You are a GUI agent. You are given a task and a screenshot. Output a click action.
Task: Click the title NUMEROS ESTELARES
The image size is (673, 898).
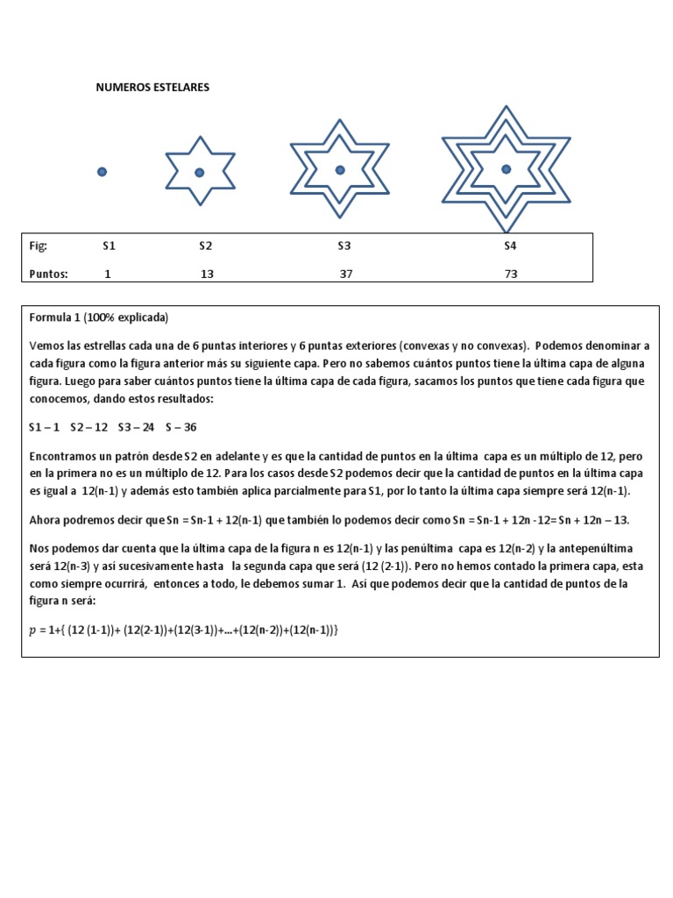tap(152, 88)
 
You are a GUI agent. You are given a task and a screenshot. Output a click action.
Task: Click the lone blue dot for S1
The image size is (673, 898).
tap(102, 172)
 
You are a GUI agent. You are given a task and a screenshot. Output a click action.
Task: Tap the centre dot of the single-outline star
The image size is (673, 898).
tap(200, 173)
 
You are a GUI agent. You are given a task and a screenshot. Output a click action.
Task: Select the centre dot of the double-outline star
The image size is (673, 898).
tap(340, 170)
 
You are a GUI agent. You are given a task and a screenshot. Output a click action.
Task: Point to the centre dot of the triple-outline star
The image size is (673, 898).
tap(506, 168)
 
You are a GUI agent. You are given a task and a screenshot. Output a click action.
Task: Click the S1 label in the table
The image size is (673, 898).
tap(109, 246)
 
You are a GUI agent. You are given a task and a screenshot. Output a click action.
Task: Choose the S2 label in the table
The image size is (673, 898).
tap(206, 246)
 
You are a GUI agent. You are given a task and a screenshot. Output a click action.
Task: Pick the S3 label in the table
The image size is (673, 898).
tap(344, 246)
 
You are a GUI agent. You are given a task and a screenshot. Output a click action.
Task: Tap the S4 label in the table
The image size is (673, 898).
tap(510, 246)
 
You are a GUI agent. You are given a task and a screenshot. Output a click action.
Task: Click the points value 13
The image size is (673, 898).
tap(207, 274)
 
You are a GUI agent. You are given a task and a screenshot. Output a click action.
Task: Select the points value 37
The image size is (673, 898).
tap(345, 274)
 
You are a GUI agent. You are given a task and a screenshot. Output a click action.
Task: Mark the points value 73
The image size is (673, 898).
tap(511, 274)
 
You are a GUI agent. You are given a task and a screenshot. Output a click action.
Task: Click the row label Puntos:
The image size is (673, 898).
tap(49, 274)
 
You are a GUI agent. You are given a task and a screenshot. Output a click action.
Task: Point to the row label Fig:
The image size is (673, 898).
tap(39, 246)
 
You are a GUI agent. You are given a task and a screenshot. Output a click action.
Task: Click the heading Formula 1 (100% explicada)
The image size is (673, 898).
tap(98, 317)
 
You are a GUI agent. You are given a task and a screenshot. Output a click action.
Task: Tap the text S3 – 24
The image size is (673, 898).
tap(136, 427)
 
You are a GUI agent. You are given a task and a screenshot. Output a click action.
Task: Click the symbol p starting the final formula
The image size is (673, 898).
tap(33, 630)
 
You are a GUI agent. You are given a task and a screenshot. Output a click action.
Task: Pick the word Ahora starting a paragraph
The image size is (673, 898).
tap(45, 519)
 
